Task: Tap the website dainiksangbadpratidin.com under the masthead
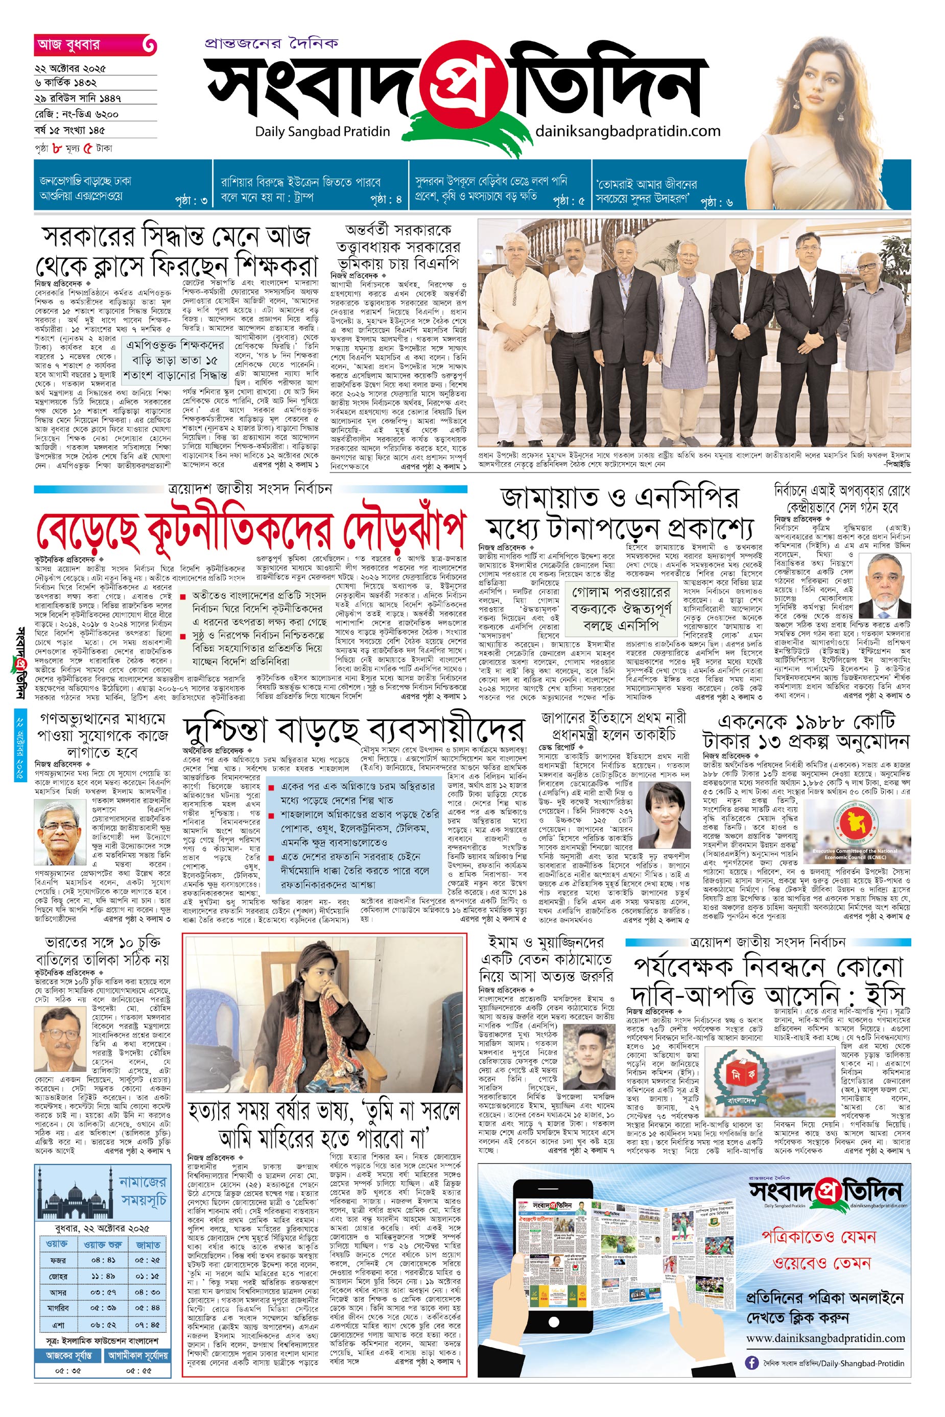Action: [x=627, y=131]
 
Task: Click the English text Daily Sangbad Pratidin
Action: [x=322, y=131]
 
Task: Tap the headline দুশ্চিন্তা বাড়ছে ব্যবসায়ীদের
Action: [x=354, y=730]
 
